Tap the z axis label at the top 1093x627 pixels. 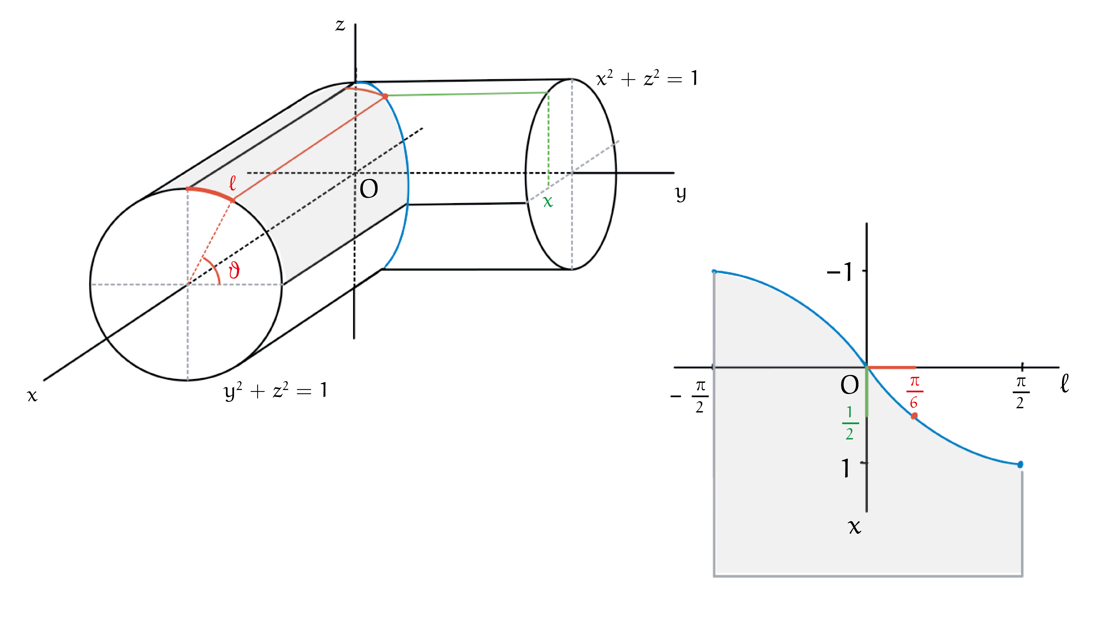[340, 25]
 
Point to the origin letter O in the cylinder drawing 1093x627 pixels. [369, 189]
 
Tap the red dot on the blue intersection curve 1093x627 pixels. [385, 97]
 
